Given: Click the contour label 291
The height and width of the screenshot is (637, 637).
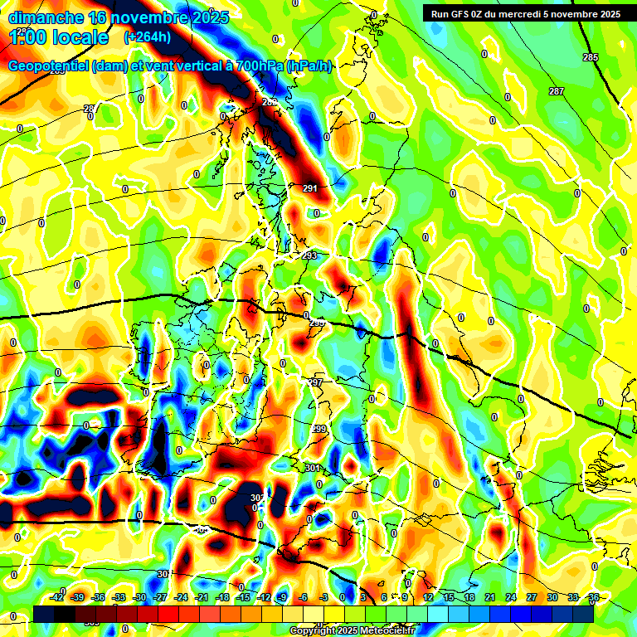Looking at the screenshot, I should pos(310,189).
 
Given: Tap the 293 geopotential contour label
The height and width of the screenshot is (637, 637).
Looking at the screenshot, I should pos(309,256).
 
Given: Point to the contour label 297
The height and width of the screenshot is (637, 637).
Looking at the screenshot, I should pos(315,382).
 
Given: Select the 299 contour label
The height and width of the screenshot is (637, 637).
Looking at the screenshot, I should pos(320,429).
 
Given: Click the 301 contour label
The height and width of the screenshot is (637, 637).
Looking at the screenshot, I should pos(312,469).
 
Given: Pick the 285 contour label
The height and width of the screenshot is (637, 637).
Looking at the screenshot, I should pos(590,57).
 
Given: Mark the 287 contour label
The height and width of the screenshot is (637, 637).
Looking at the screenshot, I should pos(557,91).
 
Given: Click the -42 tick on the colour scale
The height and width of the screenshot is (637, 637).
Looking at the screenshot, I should pos(57,597).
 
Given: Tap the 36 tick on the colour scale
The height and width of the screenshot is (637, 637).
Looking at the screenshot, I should pos(594,597).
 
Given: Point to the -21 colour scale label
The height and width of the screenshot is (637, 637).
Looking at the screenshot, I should pos(202,597).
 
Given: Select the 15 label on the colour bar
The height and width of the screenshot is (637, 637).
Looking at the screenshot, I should pos(449,597).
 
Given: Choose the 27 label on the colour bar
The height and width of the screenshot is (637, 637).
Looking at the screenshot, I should pos(532,597).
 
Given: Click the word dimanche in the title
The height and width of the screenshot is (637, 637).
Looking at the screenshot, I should pos(46,17).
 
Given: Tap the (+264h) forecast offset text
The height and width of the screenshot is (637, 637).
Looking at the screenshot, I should pos(147,37).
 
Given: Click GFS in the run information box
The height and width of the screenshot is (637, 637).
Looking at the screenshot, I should pos(460,13).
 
